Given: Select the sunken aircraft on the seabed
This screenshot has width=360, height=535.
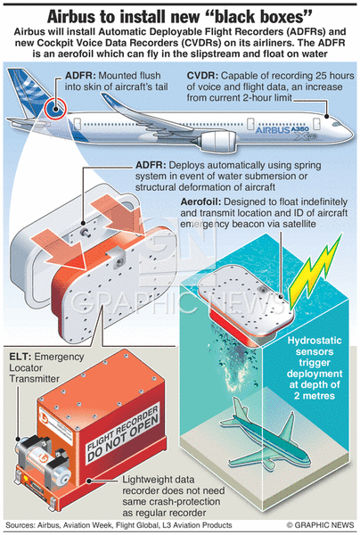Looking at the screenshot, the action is [266, 438].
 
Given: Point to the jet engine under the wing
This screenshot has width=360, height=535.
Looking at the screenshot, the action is [217, 141].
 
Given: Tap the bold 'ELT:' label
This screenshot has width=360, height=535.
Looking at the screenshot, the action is [20, 357].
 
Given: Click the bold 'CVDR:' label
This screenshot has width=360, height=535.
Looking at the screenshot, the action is [202, 76].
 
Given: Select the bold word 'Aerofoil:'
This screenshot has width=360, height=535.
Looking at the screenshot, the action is [200, 202].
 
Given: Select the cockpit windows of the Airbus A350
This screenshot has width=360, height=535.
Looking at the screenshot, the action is [338, 124].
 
